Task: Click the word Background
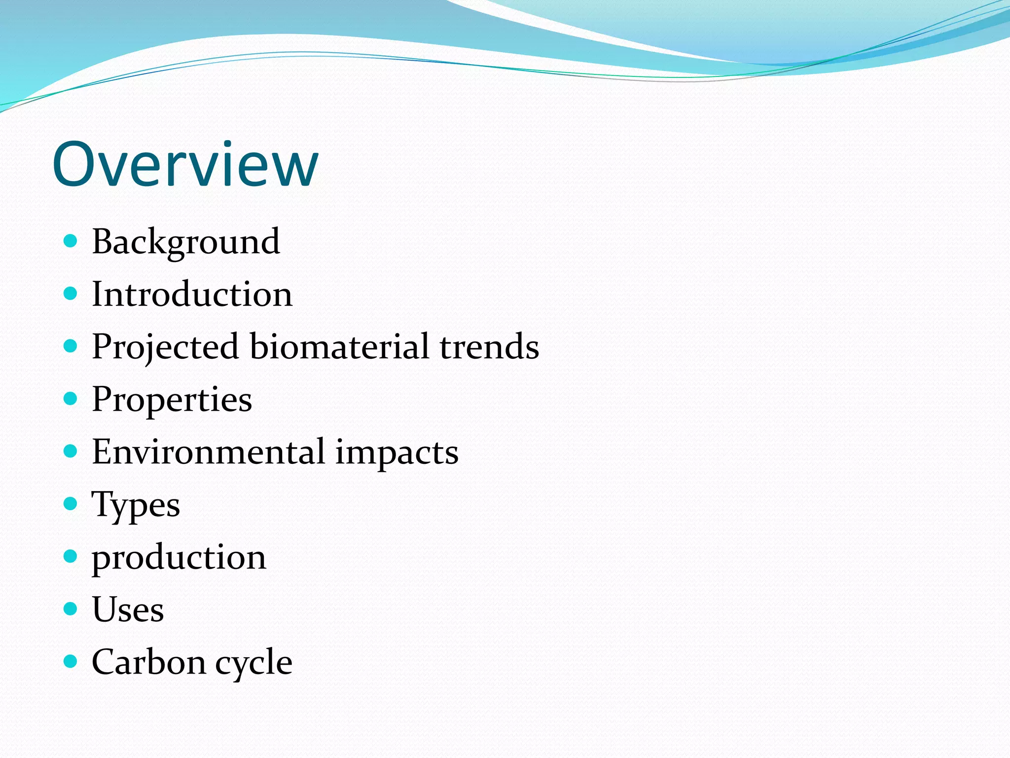(x=186, y=242)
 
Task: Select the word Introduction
(x=192, y=294)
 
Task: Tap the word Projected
(x=165, y=347)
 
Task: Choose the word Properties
(x=172, y=400)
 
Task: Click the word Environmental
(x=208, y=452)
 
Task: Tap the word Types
(x=136, y=505)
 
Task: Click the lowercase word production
(x=179, y=558)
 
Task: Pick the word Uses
(x=128, y=609)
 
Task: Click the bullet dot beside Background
(x=71, y=241)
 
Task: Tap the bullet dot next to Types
(x=71, y=503)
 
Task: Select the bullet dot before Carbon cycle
(x=71, y=661)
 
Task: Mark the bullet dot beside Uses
(x=71, y=608)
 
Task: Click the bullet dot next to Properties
(x=71, y=398)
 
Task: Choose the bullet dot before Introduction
(x=71, y=293)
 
